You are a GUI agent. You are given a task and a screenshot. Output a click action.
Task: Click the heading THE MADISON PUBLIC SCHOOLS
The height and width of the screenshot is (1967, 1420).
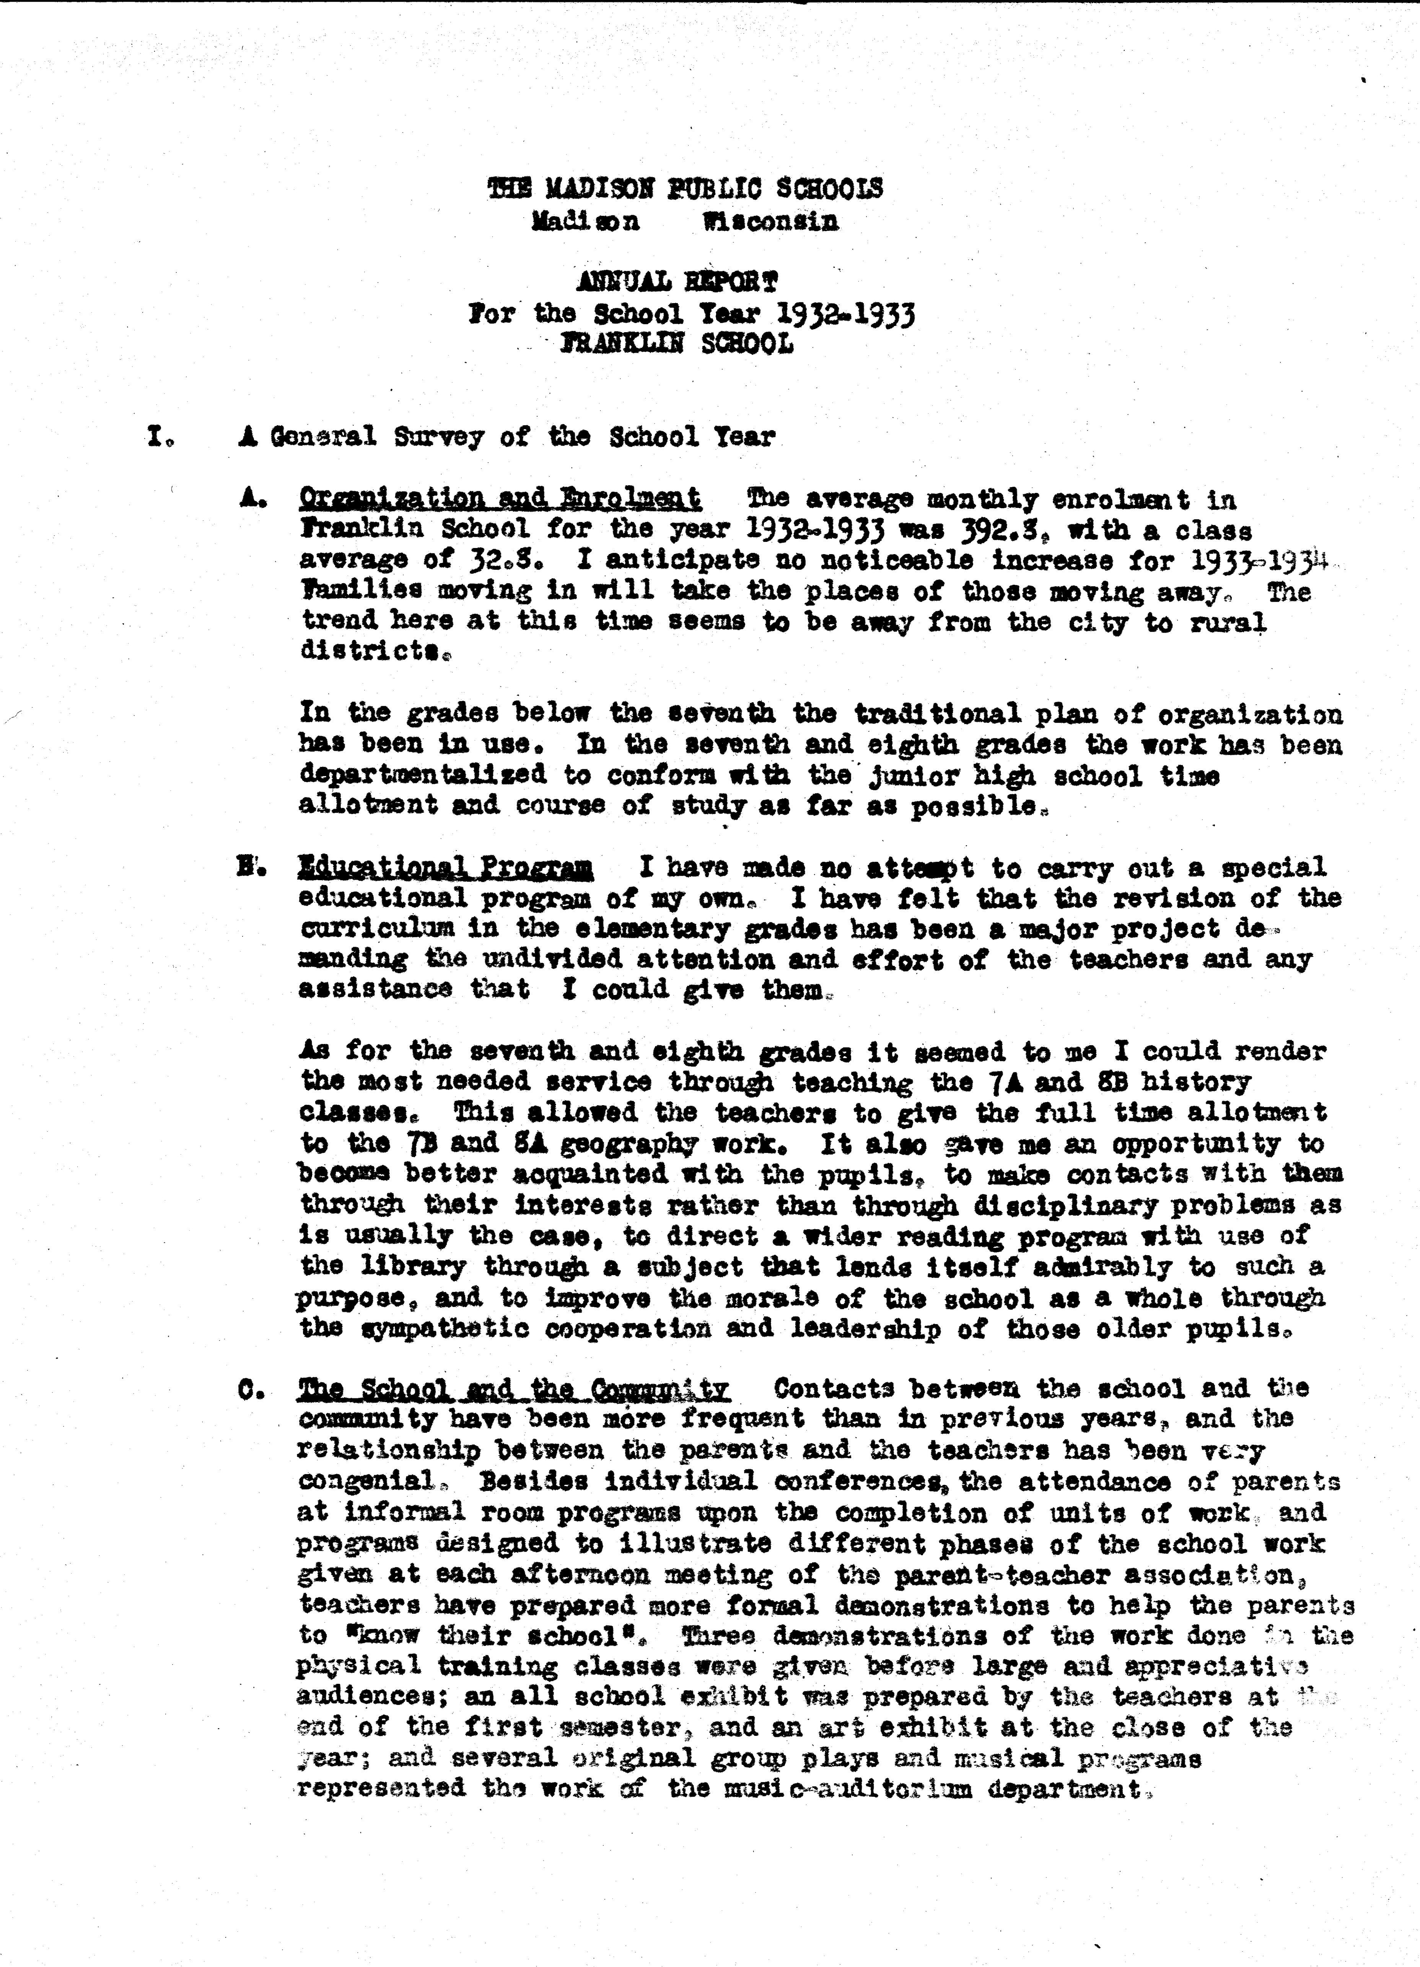tap(685, 188)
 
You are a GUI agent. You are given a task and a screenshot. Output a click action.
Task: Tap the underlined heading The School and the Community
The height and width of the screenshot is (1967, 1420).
tap(513, 1388)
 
